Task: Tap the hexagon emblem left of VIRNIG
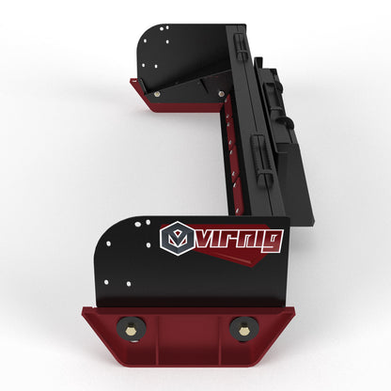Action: pyautogui.click(x=175, y=239)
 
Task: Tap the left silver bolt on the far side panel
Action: pyautogui.click(x=156, y=92)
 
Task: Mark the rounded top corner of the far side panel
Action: pyautogui.click(x=145, y=34)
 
